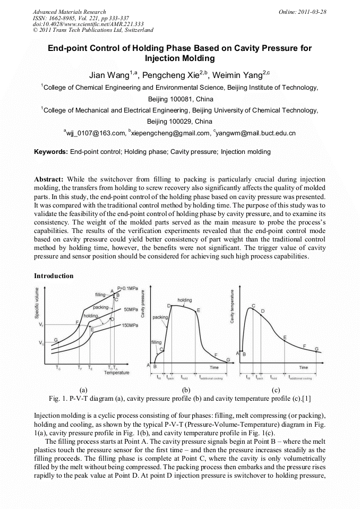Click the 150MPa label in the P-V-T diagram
[x=131, y=325]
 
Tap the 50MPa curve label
[x=131, y=308]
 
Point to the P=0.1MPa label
[x=127, y=288]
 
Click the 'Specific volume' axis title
[x=37, y=303]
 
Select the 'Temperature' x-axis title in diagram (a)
[x=116, y=373]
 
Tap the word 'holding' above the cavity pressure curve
[x=184, y=300]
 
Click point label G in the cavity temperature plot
[x=317, y=349]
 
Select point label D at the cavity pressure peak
[x=169, y=306]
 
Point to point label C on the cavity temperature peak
[x=253, y=306]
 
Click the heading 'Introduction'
[x=54, y=276]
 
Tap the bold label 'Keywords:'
[x=50, y=152]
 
